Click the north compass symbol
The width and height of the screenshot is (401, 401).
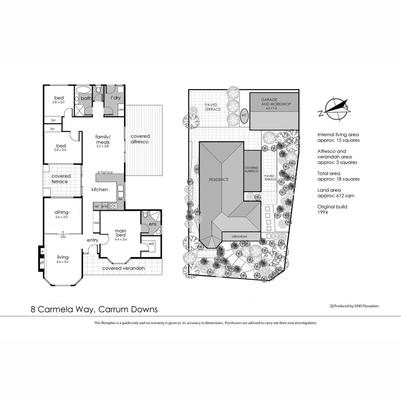point(335,108)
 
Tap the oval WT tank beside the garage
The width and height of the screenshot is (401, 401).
point(244,115)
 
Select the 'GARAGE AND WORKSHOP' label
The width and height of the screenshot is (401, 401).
point(276,102)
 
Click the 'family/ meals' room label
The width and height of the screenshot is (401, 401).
point(102,139)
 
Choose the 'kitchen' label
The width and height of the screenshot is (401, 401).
point(100,189)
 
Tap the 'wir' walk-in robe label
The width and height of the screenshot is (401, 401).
point(151,244)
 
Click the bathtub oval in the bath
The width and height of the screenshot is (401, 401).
point(83,90)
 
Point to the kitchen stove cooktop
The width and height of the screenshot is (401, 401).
point(113,206)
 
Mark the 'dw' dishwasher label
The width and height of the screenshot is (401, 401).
point(120,199)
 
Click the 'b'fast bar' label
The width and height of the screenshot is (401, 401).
point(105,172)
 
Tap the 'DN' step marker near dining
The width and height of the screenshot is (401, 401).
point(63,236)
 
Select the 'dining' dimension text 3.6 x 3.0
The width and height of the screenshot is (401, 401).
point(62,217)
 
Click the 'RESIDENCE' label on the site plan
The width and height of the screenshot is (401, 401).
point(218,179)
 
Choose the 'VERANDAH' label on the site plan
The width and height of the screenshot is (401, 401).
point(239,237)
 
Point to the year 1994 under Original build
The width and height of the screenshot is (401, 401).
point(322,212)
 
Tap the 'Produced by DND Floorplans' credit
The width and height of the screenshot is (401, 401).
point(354,306)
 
